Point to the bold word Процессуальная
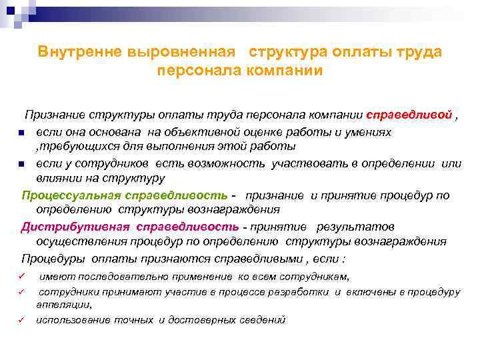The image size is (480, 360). (71, 195)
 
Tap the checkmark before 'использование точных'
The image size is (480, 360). (22, 320)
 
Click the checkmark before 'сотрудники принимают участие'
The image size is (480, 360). (22, 292)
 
